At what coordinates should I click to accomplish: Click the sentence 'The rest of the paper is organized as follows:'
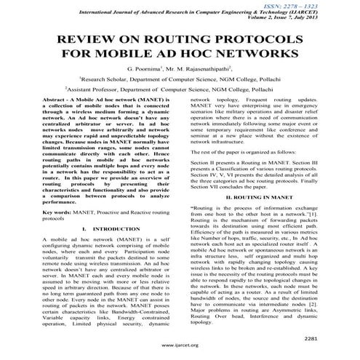click(x=248, y=151)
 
